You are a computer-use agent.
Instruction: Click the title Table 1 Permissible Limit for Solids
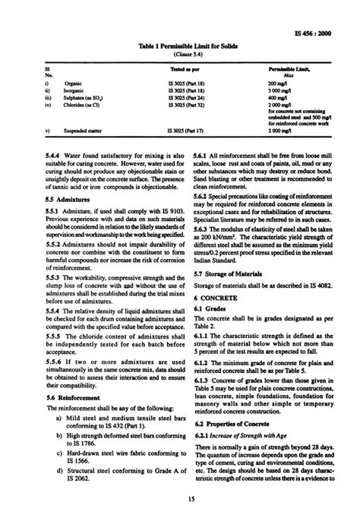pyautogui.click(x=179, y=46)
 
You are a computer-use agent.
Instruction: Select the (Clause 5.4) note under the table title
pyautogui.click(x=179, y=55)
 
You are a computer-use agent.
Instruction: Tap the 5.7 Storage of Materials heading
pyautogui.click(x=229, y=272)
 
